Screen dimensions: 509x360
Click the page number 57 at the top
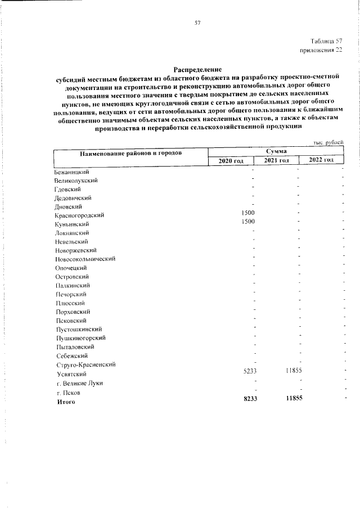(197, 23)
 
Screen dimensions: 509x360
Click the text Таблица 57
(326, 42)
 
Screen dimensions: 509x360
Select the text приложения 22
(321, 51)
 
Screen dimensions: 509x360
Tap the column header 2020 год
(231, 161)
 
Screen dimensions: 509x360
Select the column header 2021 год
(277, 161)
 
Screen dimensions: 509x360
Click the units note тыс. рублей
(328, 143)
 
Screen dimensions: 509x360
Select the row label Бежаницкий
(73, 172)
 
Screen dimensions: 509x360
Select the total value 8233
(249, 398)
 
